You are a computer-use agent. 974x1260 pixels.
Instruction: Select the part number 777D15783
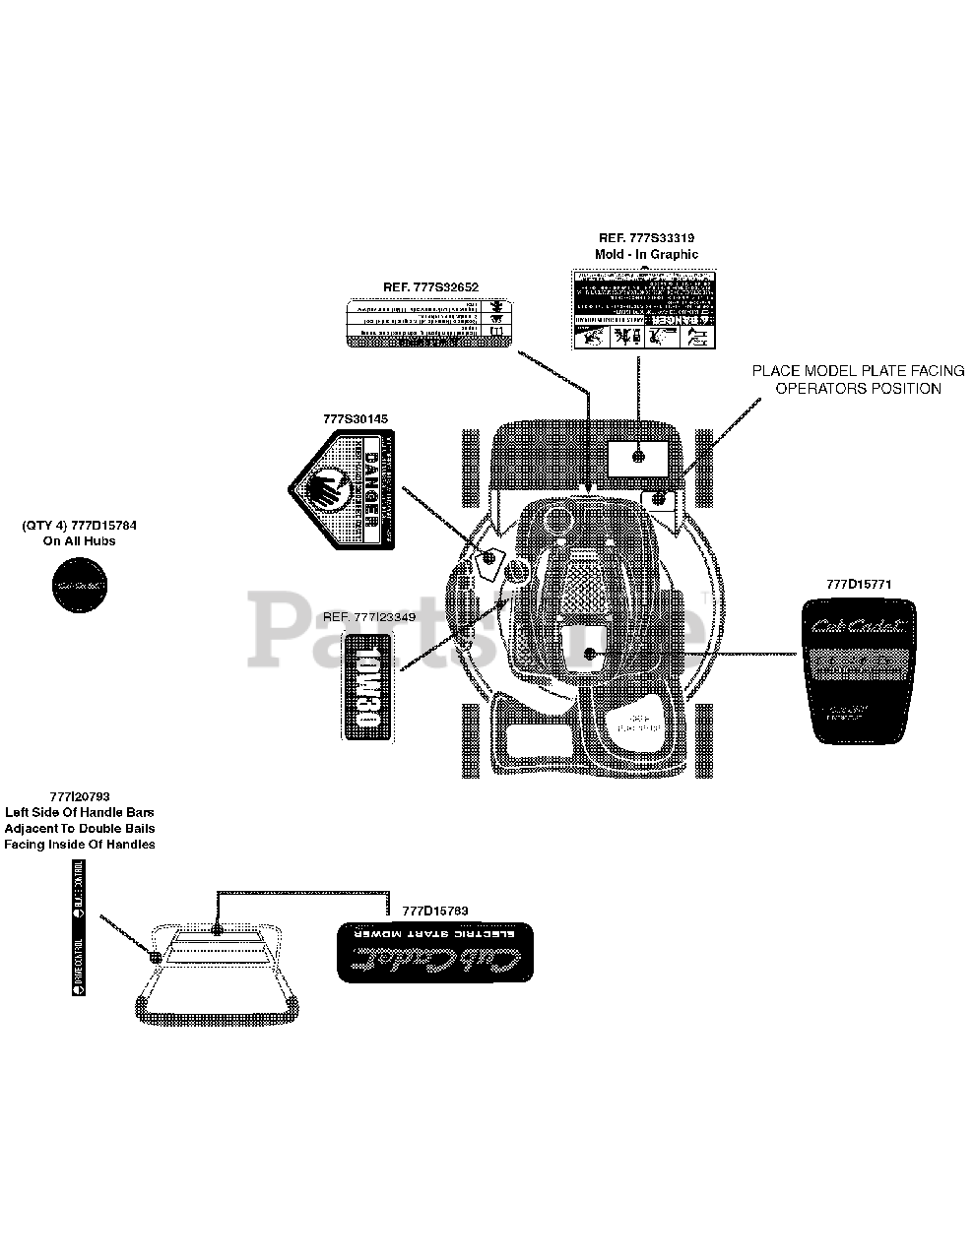point(434,911)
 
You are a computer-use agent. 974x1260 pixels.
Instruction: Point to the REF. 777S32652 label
point(430,286)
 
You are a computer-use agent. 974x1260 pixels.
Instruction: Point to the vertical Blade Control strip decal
point(79,927)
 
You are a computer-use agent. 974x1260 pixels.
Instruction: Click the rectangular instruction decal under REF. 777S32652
point(430,323)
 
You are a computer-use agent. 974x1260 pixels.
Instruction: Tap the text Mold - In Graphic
point(646,254)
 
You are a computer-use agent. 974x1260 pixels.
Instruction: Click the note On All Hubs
point(80,541)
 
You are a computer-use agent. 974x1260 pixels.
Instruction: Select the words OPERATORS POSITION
point(858,388)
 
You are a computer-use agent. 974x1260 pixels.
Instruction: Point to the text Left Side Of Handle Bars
point(79,813)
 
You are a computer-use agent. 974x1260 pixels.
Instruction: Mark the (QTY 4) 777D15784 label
point(80,527)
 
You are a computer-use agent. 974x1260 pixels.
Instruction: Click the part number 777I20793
point(79,797)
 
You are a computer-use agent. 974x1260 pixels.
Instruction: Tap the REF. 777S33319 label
point(646,238)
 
